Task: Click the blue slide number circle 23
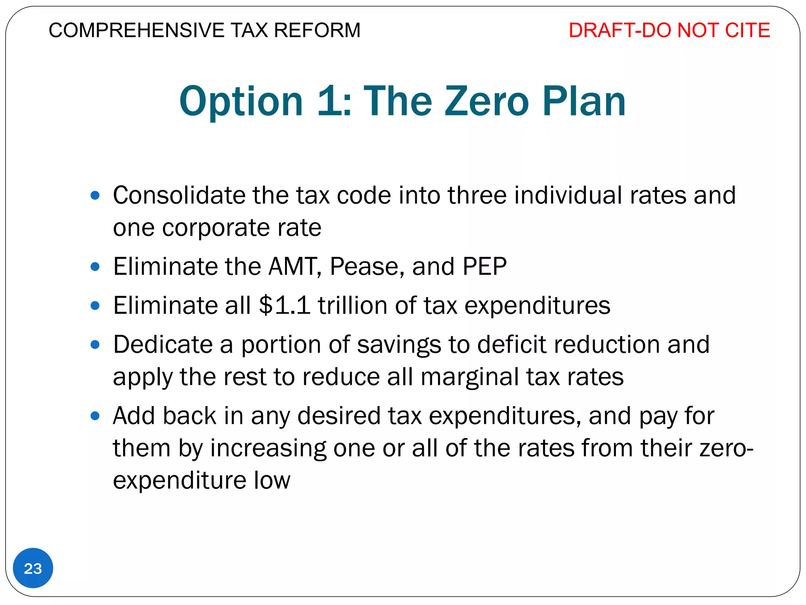click(33, 568)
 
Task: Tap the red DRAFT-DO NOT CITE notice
click(669, 30)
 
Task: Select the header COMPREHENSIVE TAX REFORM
click(204, 30)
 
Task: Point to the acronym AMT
click(293, 266)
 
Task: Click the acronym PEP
click(484, 266)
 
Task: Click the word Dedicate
click(163, 344)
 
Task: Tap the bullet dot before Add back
click(95, 416)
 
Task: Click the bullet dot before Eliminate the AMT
click(95, 267)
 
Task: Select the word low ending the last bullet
click(272, 480)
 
